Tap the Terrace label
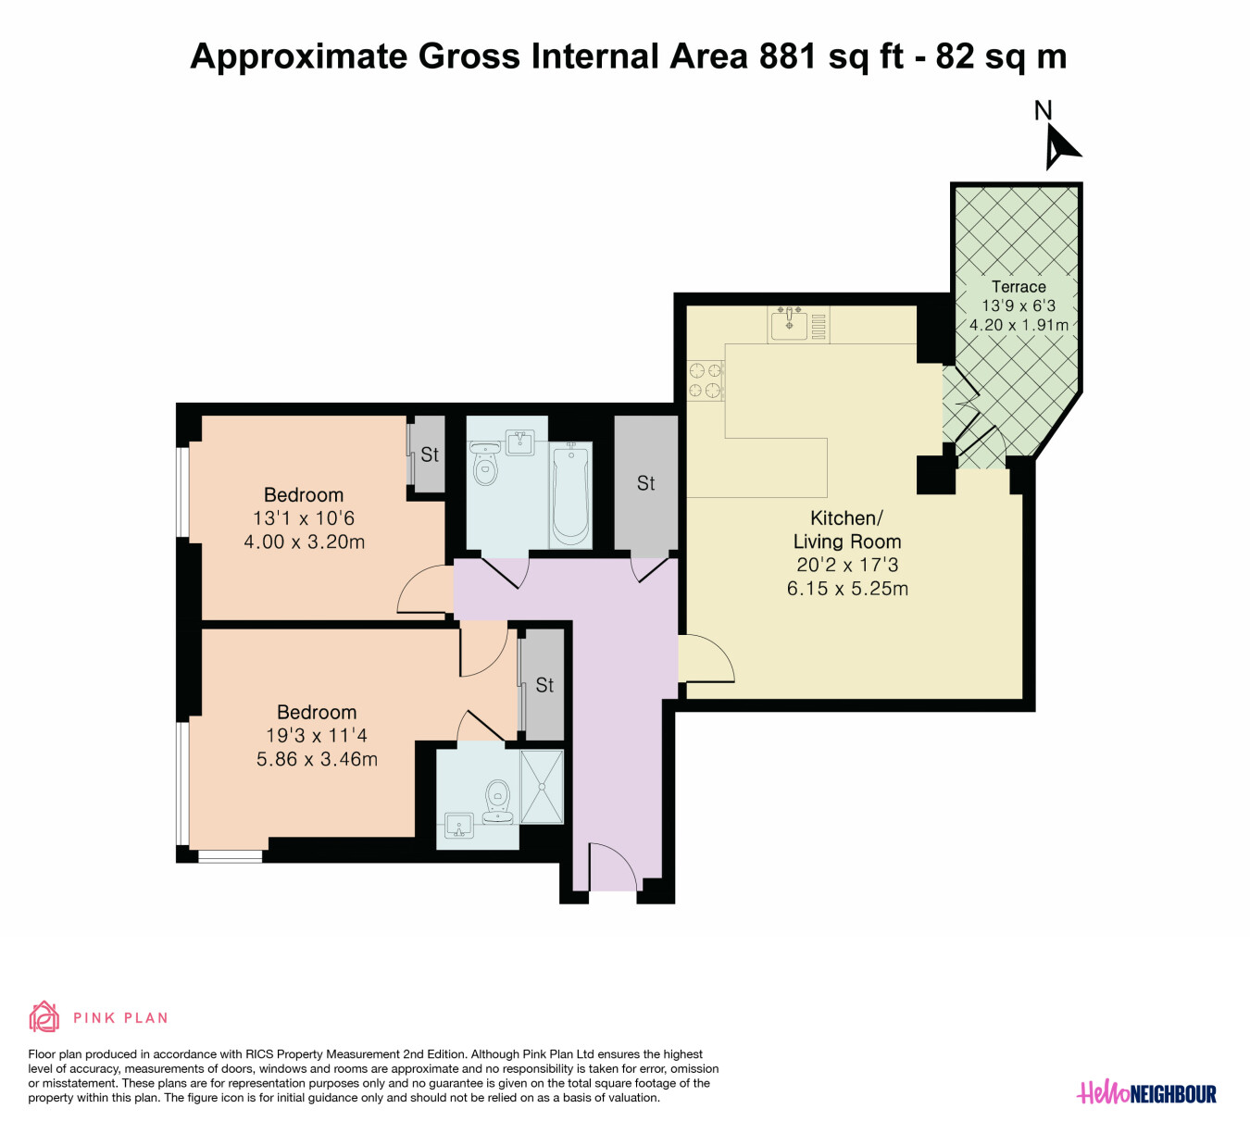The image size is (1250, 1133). tap(1019, 287)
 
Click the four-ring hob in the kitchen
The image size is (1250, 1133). tap(706, 380)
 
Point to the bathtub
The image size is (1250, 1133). tap(570, 495)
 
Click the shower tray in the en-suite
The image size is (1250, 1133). tap(542, 787)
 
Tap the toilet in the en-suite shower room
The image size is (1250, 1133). tap(497, 802)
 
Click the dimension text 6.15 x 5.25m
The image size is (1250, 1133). tap(847, 589)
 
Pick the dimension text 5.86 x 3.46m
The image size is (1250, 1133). tap(317, 759)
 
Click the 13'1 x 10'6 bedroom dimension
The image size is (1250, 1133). tap(304, 517)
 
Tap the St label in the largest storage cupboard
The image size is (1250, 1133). tap(645, 483)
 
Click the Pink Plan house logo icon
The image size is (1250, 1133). tap(44, 1016)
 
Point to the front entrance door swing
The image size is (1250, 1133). tap(613, 865)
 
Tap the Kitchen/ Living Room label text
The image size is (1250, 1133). tap(847, 529)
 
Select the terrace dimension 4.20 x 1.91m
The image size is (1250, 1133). tap(1019, 325)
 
